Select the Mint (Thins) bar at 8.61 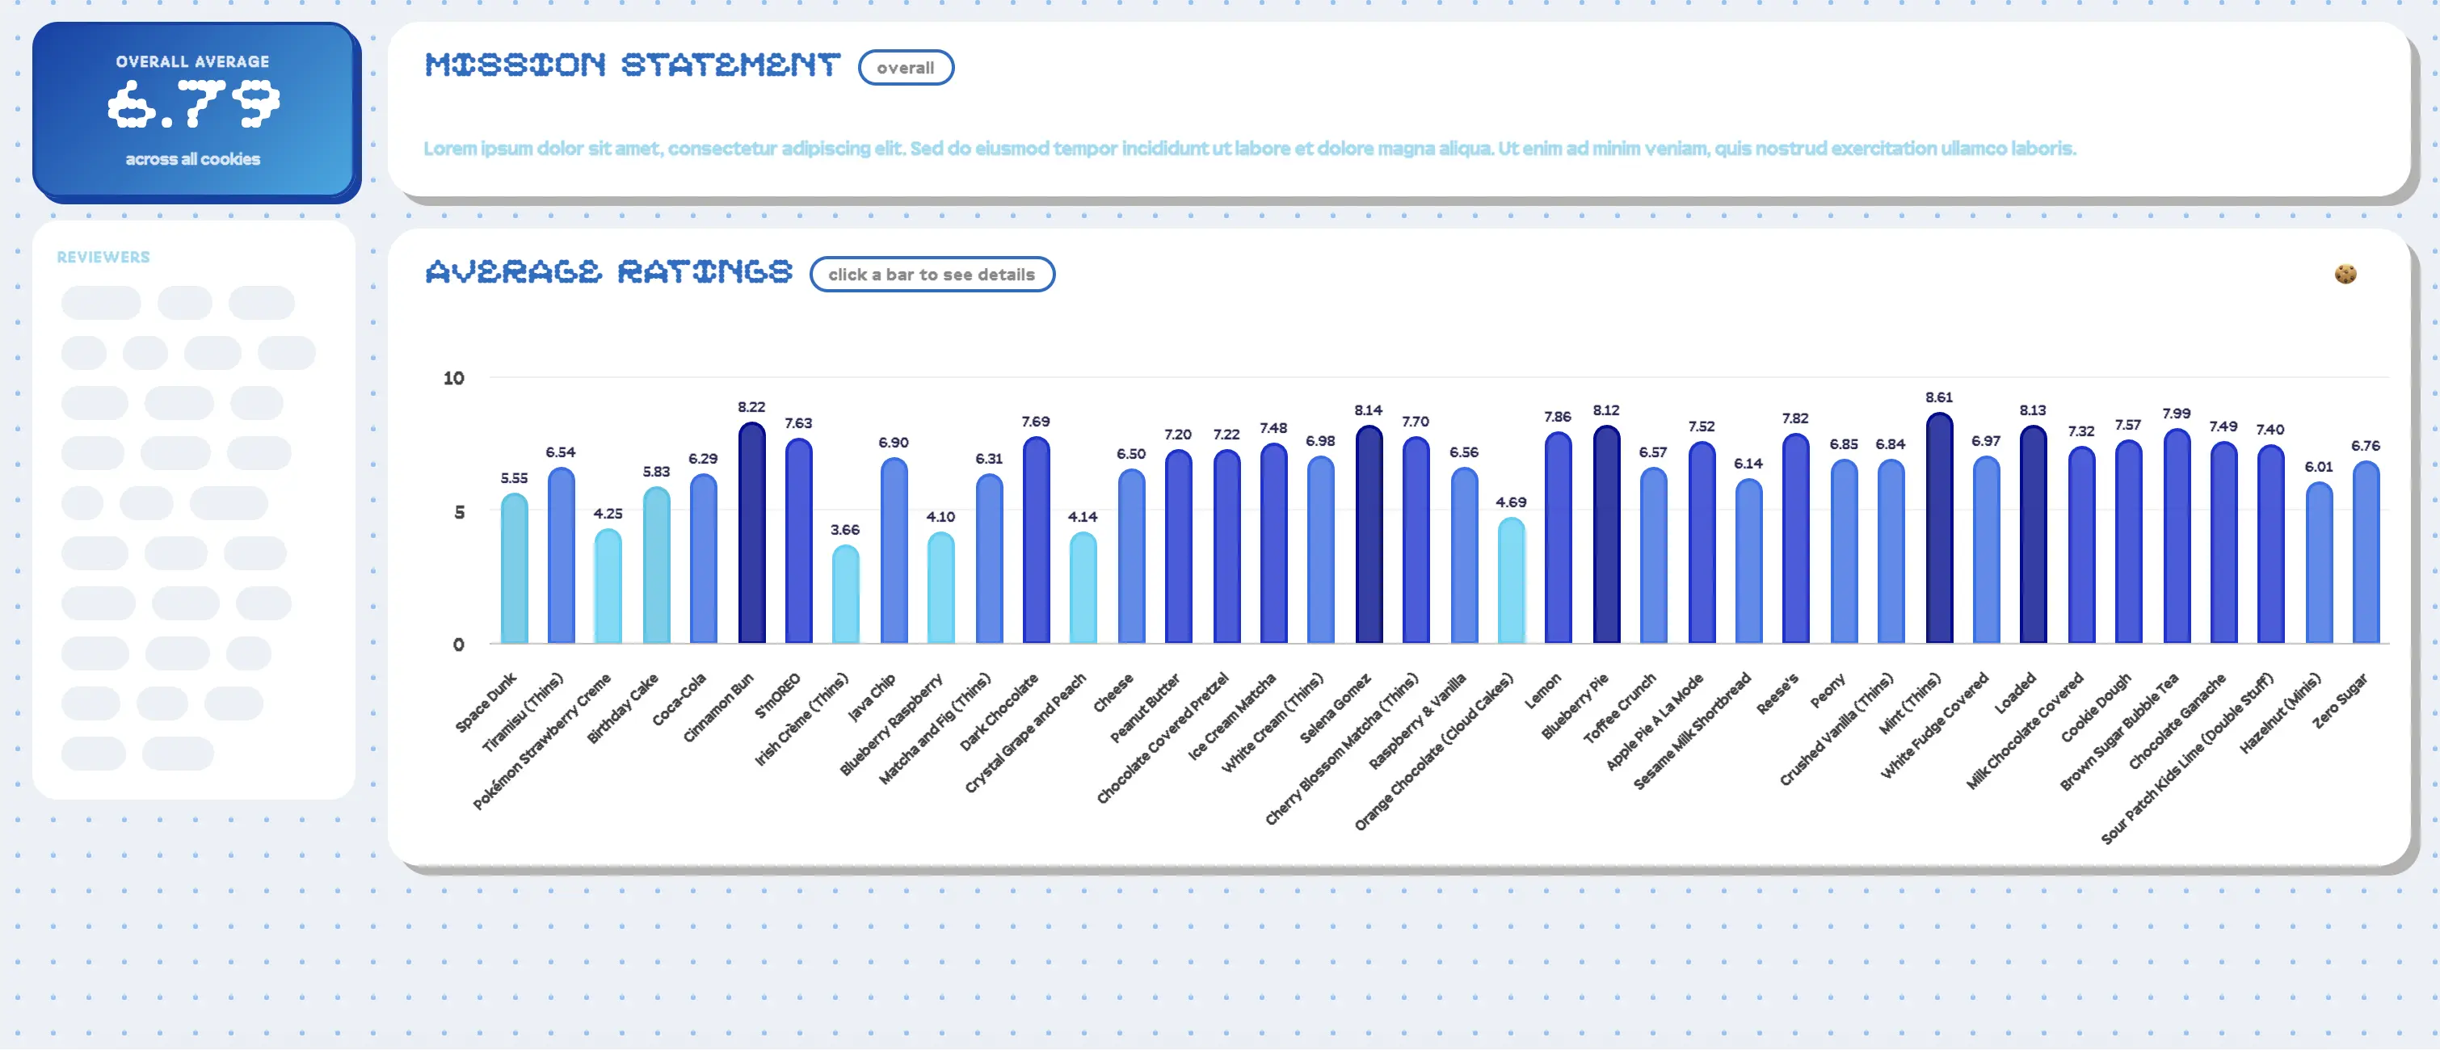(1939, 530)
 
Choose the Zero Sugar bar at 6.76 (2365, 554)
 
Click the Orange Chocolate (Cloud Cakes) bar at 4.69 (1511, 582)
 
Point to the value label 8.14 (1368, 410)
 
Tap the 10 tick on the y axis (454, 379)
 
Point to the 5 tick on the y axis (460, 512)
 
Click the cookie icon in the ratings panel (2345, 274)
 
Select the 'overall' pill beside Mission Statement (905, 68)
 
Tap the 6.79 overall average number (193, 104)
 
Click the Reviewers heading (103, 258)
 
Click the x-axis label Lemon (1543, 691)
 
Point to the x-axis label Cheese (1114, 692)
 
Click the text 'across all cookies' (193, 159)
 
